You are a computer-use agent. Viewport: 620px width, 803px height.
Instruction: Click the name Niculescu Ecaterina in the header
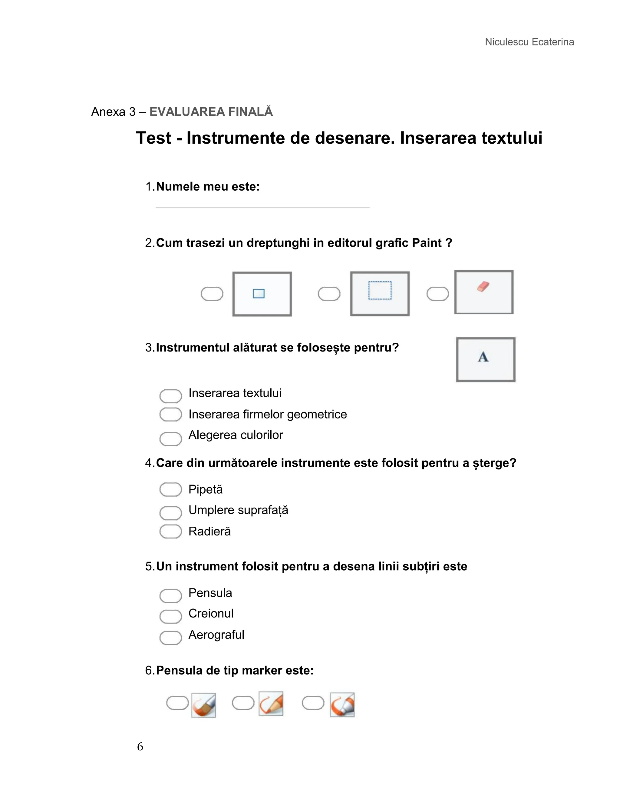click(529, 42)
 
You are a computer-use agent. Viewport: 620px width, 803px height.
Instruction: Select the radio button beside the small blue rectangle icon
click(212, 294)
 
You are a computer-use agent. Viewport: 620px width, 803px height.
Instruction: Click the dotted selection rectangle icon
click(380, 291)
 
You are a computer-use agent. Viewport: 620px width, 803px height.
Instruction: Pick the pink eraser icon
click(483, 287)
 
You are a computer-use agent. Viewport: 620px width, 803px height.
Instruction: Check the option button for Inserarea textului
click(170, 396)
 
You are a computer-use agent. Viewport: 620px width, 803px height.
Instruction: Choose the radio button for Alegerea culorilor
click(170, 439)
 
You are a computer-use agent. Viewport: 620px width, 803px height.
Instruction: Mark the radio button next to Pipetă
click(170, 489)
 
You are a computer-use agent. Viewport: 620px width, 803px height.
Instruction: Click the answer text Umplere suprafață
click(238, 510)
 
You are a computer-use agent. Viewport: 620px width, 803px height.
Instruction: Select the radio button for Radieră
click(170, 531)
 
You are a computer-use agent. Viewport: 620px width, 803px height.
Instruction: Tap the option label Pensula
click(210, 593)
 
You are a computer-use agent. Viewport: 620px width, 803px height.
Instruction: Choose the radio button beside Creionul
click(170, 617)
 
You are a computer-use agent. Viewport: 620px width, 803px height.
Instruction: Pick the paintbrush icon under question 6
click(203, 705)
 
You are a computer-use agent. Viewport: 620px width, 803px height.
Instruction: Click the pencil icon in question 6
click(271, 704)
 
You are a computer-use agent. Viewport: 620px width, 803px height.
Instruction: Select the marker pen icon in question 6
click(342, 705)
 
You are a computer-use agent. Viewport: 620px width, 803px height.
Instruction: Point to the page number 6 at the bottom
click(140, 747)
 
